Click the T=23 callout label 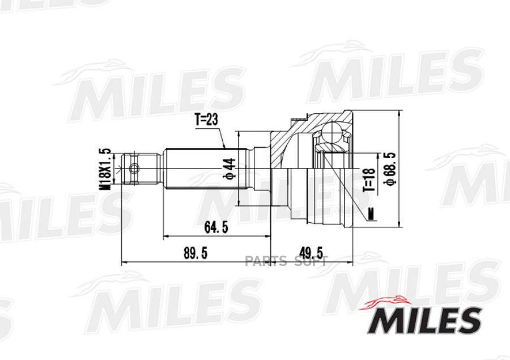tap(206, 120)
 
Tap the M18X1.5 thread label tap(105, 170)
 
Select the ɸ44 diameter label tap(229, 168)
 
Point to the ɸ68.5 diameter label tap(390, 168)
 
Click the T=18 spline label tap(369, 180)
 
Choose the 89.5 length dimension tap(195, 253)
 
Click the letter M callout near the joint tap(371, 214)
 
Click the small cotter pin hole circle tap(134, 168)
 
